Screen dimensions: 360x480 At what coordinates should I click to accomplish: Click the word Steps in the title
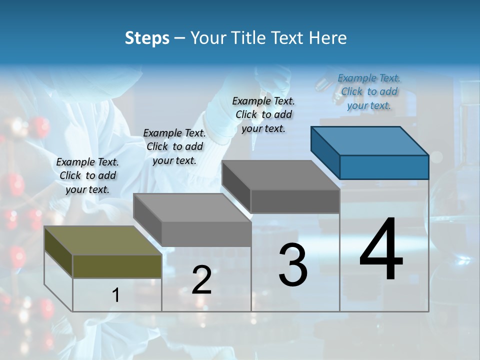(147, 38)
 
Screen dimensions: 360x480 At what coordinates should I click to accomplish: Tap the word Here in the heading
(327, 38)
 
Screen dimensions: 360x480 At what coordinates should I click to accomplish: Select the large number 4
(381, 250)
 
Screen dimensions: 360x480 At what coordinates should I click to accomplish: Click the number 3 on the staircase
(293, 265)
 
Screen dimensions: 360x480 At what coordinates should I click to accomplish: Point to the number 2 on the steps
(202, 280)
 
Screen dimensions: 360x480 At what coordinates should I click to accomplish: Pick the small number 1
(116, 295)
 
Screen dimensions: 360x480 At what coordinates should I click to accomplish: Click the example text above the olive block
(87, 175)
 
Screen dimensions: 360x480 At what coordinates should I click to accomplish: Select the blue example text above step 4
(369, 91)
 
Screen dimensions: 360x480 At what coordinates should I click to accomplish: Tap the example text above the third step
(263, 114)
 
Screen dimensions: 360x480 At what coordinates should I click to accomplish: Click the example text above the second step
(174, 146)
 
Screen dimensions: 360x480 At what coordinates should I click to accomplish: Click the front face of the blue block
(384, 167)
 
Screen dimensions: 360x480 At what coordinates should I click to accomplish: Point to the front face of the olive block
(117, 266)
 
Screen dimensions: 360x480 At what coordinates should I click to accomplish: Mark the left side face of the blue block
(325, 152)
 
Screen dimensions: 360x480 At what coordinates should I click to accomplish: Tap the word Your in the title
(208, 38)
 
